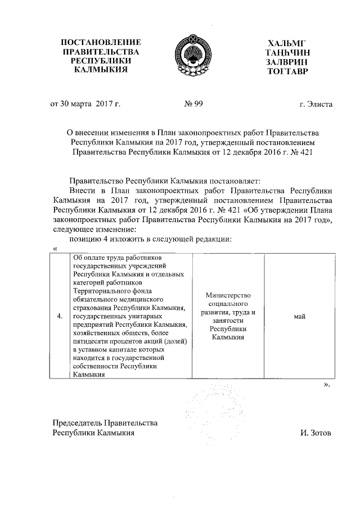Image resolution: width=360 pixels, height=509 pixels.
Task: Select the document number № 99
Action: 193,104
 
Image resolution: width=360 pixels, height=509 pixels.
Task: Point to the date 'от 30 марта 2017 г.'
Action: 86,104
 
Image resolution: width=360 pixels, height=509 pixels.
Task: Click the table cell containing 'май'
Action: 299,317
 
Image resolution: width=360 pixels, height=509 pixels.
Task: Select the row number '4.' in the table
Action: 60,317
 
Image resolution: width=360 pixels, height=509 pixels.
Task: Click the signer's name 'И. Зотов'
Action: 317,433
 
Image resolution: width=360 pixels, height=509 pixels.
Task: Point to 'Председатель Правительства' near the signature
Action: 105,423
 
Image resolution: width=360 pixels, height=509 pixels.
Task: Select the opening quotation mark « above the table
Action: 55,249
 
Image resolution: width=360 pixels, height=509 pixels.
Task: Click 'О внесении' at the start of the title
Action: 85,132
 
